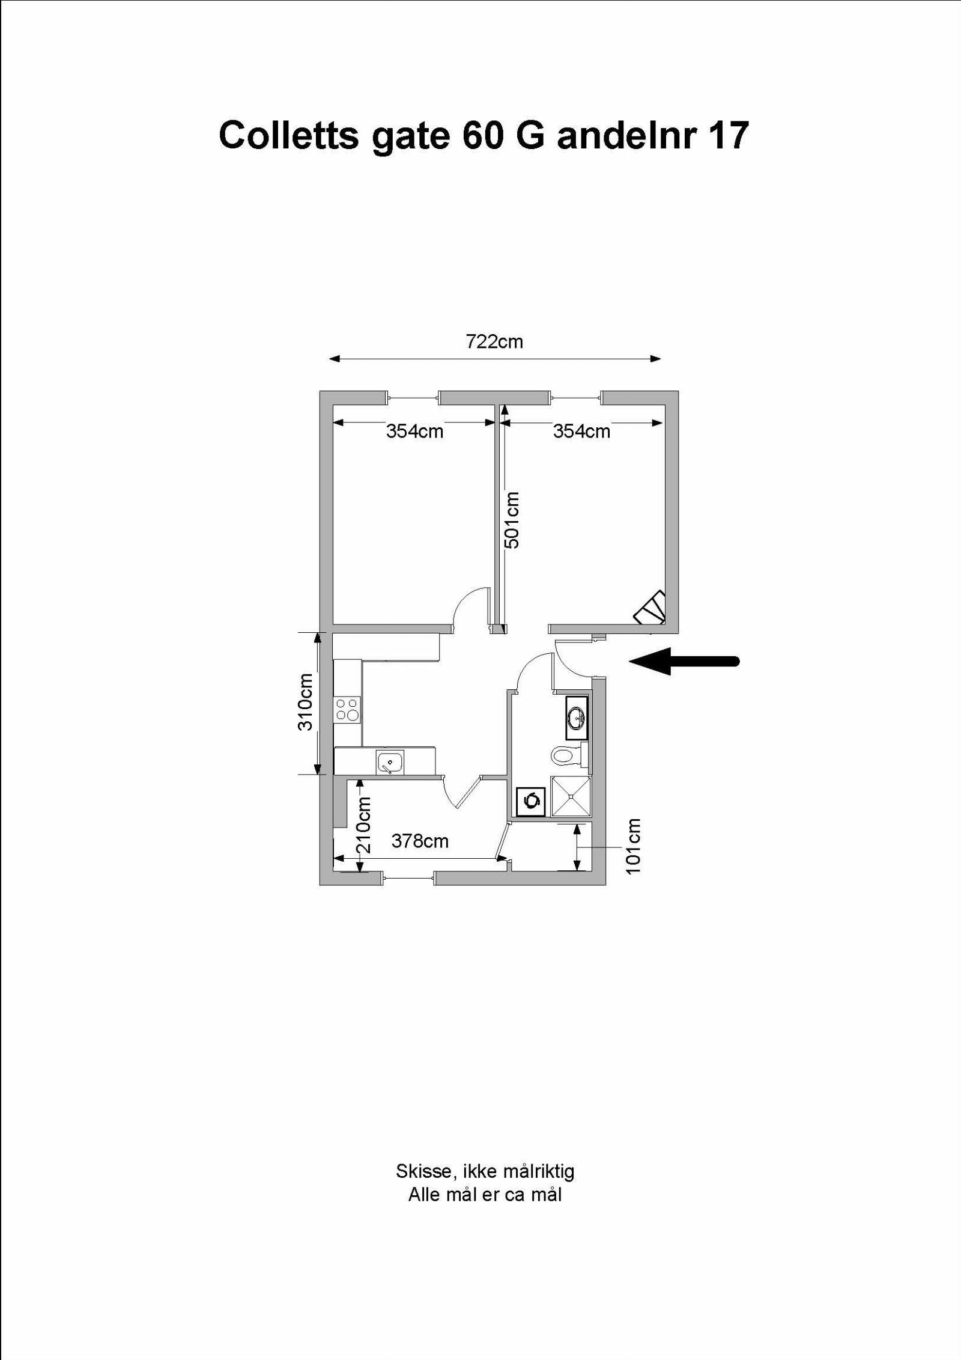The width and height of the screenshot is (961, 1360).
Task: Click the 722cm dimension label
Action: point(494,342)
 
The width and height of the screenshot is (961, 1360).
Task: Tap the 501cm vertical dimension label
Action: point(512,520)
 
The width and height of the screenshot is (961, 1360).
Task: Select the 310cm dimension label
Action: point(306,701)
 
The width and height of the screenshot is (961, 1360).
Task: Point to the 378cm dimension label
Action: point(420,841)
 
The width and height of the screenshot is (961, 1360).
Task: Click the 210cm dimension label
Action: point(364,825)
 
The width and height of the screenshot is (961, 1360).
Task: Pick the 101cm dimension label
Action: point(634,846)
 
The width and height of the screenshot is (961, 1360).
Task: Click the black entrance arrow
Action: point(684,661)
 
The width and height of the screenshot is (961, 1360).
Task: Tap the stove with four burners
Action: point(347,709)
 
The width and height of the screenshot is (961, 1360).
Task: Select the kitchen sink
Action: point(390,763)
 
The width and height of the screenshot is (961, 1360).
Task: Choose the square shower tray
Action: point(571,796)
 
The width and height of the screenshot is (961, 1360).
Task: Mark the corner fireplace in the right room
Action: point(652,609)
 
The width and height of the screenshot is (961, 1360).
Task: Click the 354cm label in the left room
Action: point(414,431)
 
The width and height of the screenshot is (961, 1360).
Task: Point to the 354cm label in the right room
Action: point(581,431)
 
